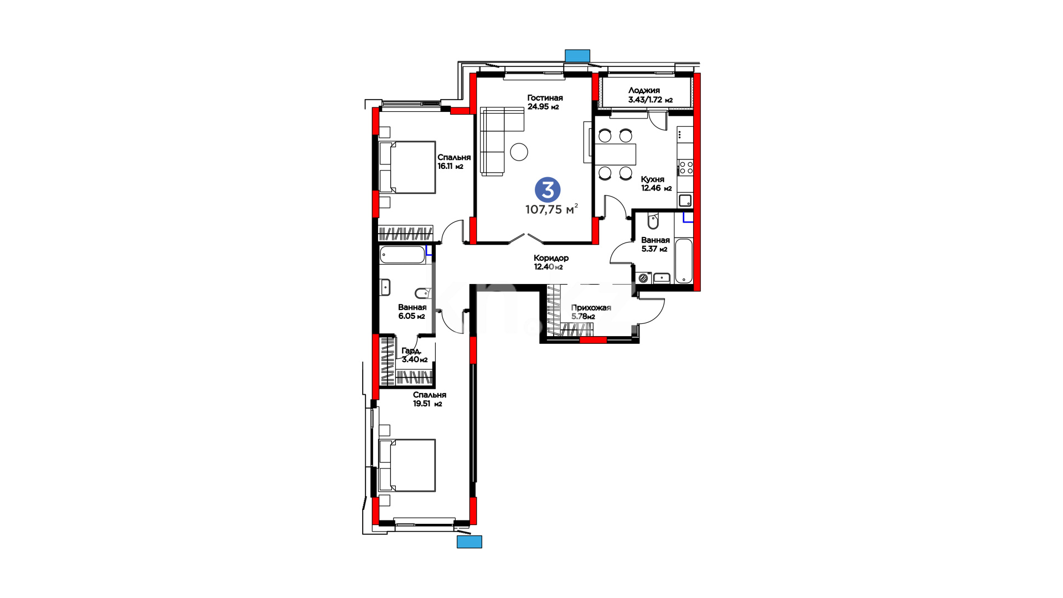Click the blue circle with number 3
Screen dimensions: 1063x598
click(548, 190)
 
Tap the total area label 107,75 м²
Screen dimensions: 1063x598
click(551, 209)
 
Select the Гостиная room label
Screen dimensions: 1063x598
click(545, 98)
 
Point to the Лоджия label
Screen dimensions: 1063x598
click(644, 90)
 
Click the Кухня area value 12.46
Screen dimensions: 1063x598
click(651, 188)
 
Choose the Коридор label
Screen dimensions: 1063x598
click(551, 258)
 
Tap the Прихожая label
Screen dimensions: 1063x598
click(591, 308)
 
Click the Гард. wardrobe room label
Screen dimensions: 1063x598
click(411, 351)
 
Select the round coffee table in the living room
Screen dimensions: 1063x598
click(519, 152)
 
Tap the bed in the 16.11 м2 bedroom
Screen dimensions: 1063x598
click(407, 167)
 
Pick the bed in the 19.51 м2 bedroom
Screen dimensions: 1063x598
click(407, 465)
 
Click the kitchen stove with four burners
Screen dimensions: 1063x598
click(686, 167)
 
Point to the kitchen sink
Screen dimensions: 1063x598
click(685, 200)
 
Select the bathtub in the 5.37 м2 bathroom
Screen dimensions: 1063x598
click(684, 261)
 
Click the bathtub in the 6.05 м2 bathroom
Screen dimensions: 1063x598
click(402, 255)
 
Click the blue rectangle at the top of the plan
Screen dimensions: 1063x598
click(577, 55)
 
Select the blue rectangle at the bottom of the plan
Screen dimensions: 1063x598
click(469, 542)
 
